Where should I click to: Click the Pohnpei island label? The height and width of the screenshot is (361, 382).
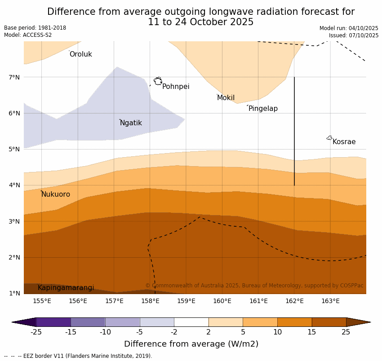[176, 87]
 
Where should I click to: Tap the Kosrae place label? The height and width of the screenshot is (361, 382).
[344, 142]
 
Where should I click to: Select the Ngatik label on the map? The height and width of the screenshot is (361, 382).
[131, 123]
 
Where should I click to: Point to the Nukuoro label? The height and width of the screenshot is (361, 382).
[56, 194]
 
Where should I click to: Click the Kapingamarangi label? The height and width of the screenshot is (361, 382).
[66, 288]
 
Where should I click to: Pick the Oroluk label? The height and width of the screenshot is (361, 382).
[80, 54]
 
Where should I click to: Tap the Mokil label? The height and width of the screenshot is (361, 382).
[226, 98]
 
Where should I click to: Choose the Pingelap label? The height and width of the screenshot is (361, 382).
[263, 109]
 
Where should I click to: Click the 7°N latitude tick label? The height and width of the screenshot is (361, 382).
[14, 77]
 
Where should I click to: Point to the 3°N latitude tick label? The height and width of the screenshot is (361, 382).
[14, 221]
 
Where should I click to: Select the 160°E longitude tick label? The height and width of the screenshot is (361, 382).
[222, 301]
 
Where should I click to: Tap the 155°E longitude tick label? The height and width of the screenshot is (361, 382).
[42, 301]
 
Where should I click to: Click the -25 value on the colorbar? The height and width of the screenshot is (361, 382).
[36, 332]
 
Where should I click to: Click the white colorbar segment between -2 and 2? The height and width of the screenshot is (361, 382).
[191, 322]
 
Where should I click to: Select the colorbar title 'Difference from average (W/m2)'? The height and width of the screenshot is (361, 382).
[191, 344]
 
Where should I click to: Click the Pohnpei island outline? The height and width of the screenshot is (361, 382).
[158, 81]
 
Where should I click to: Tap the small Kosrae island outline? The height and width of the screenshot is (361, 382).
[329, 138]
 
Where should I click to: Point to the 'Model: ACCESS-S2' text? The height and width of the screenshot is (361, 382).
[28, 35]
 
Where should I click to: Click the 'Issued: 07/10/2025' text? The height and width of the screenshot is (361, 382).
[353, 35]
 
